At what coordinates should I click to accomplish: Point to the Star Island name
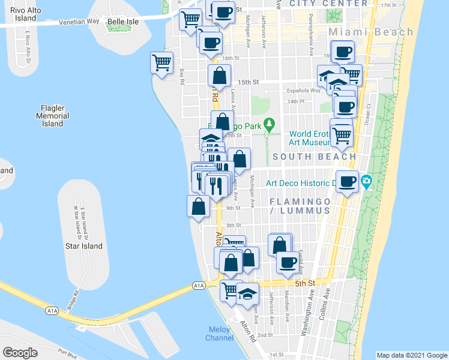[84, 246]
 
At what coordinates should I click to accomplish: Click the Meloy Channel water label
[220, 334]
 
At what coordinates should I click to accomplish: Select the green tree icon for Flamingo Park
[270, 124]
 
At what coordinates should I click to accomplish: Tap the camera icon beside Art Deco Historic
[367, 181]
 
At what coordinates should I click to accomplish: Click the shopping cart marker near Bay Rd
[162, 62]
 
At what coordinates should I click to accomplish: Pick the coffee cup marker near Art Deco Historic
[347, 181]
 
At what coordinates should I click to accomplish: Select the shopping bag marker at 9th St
[199, 206]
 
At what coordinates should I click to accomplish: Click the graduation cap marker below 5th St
[247, 294]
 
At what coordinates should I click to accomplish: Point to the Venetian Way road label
[79, 22]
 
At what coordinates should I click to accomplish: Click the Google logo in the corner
[20, 353]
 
